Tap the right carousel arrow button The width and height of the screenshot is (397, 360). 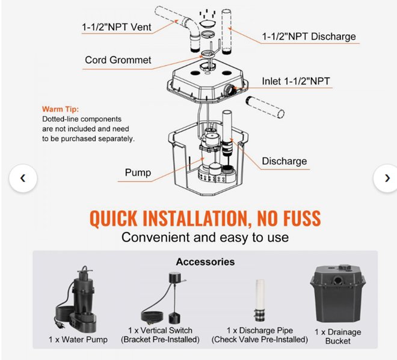pyautogui.click(x=384, y=178)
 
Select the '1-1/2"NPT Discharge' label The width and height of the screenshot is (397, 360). pyautogui.click(x=309, y=37)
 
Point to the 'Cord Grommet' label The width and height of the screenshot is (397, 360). pyautogui.click(x=118, y=59)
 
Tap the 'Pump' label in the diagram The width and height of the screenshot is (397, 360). pyautogui.click(x=138, y=173)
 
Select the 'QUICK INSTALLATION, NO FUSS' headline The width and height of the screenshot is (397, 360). pyautogui.click(x=205, y=217)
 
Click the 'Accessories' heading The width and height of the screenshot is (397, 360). pyautogui.click(x=205, y=262)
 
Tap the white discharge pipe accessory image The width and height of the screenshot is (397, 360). pyautogui.click(x=259, y=300)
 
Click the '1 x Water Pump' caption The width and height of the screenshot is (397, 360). pyautogui.click(x=78, y=340)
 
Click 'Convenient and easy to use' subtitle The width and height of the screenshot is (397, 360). pyautogui.click(x=205, y=237)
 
